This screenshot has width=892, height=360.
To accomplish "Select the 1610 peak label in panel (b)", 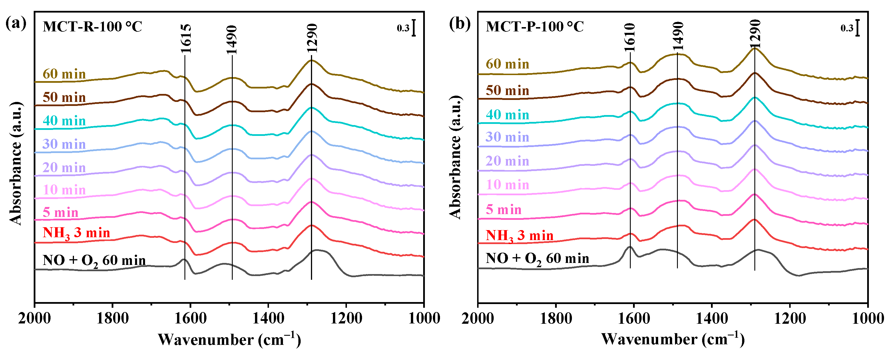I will click(630, 37).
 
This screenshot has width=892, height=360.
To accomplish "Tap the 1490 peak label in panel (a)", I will click(232, 39).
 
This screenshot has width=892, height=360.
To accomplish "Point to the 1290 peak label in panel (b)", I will click(755, 34).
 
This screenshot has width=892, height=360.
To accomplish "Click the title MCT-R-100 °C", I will click(92, 27).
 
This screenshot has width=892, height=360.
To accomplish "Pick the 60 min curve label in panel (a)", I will click(64, 74).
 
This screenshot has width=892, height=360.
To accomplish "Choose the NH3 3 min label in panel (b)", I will click(519, 236).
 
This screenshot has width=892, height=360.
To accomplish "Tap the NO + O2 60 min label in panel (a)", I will click(94, 261).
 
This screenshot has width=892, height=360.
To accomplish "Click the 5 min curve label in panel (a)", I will click(61, 212).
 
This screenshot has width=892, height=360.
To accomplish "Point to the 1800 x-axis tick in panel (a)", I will click(112, 318).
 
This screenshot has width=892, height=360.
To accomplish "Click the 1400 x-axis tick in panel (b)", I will click(712, 318).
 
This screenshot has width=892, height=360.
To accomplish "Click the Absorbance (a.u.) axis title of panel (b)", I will click(455, 158).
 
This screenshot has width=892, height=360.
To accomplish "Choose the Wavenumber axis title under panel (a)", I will click(229, 339).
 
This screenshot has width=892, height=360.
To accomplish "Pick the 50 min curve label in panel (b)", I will click(507, 91).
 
